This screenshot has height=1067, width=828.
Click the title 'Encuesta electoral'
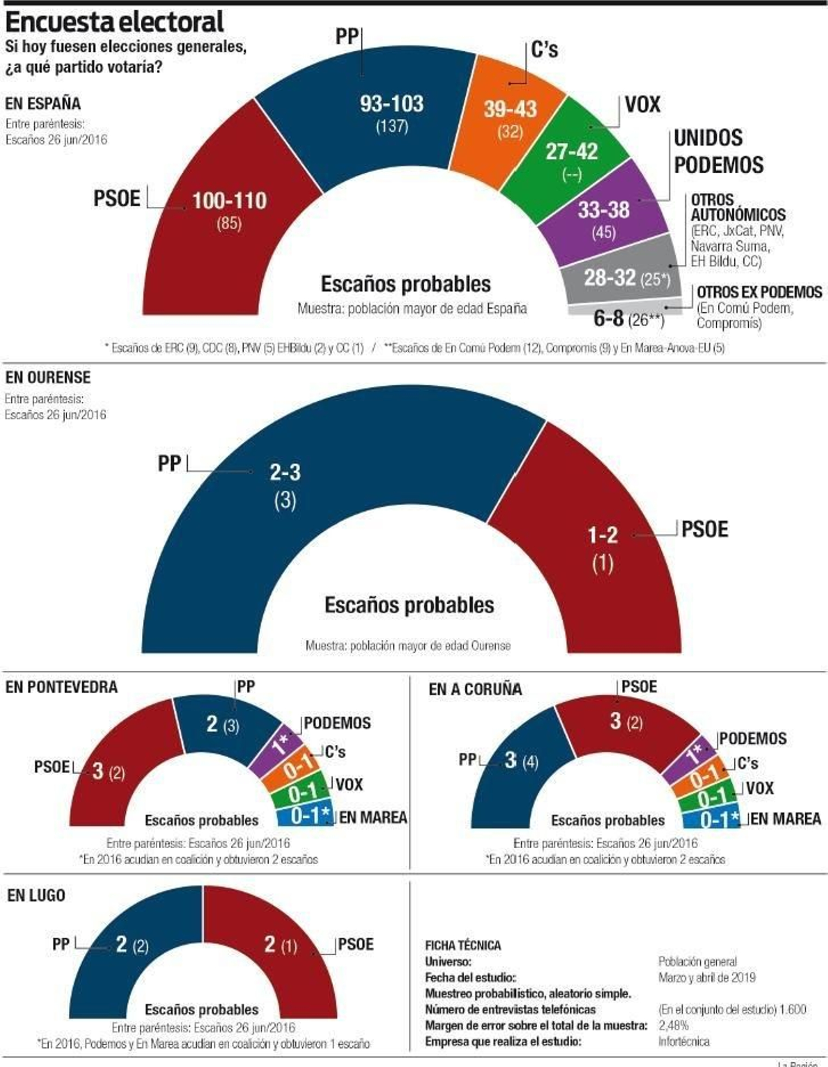tap(115, 22)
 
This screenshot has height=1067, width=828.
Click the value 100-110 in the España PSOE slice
tap(229, 200)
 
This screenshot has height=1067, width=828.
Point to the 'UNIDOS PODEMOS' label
tap(718, 151)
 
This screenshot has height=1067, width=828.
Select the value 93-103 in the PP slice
tap(392, 104)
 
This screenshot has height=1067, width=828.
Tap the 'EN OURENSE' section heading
tap(48, 377)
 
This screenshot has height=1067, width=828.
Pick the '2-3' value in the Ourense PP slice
tap(285, 472)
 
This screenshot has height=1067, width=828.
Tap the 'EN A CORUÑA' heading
tap(475, 689)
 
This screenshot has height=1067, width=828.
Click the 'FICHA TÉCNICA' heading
tap(463, 945)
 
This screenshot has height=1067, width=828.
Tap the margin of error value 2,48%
tap(673, 1025)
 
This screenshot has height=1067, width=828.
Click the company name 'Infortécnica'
tap(684, 1041)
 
